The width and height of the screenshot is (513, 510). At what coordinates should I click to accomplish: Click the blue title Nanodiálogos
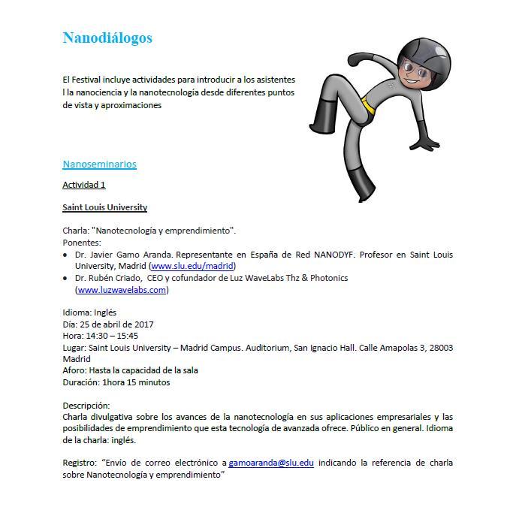tap(107, 38)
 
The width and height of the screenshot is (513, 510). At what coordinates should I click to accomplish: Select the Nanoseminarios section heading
tap(99, 164)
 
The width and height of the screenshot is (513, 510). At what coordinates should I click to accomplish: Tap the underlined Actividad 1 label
tap(84, 185)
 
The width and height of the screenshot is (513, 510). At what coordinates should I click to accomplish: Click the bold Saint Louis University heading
tap(104, 207)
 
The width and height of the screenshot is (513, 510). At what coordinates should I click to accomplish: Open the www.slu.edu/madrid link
tap(193, 266)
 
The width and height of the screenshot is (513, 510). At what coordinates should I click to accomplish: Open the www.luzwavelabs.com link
tap(122, 290)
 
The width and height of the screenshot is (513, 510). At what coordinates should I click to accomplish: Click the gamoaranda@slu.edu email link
tap(271, 463)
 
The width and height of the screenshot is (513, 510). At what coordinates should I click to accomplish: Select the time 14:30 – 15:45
tap(111, 336)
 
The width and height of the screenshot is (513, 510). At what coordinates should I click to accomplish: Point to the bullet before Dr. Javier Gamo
tap(65, 255)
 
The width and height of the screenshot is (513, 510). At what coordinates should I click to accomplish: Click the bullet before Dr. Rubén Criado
tap(65, 279)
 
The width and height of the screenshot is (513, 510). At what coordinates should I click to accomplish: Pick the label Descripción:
tap(86, 406)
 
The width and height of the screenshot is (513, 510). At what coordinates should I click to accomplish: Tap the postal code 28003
tap(439, 348)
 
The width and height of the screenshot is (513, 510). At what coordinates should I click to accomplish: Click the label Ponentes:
tap(81, 243)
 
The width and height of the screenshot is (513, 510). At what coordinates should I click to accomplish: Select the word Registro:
tap(78, 463)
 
